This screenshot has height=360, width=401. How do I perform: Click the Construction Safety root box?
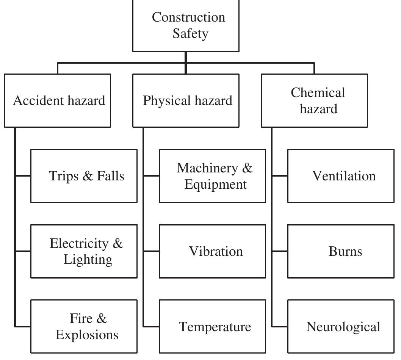click(x=186, y=25)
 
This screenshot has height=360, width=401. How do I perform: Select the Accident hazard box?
click(x=58, y=100)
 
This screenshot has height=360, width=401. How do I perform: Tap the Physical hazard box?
click(x=186, y=100)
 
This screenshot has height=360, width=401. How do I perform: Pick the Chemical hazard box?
click(x=314, y=100)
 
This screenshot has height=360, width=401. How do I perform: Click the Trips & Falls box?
click(x=84, y=176)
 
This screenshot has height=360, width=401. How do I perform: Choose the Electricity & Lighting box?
click(x=84, y=251)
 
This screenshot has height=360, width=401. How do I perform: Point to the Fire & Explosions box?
click(x=84, y=327)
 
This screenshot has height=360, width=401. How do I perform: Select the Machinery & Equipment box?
click(x=212, y=176)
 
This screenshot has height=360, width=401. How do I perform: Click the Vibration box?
click(x=212, y=251)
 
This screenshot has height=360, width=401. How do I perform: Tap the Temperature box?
click(x=212, y=327)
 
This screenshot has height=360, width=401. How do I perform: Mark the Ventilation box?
click(x=341, y=176)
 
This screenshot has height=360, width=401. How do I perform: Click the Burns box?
click(x=341, y=251)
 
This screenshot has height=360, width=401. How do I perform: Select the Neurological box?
click(x=341, y=327)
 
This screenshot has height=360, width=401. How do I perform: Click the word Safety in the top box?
click(x=190, y=34)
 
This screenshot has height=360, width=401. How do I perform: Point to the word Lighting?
click(x=88, y=260)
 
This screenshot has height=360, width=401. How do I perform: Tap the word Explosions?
click(x=87, y=335)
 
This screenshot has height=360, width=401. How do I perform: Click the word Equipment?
click(x=215, y=185)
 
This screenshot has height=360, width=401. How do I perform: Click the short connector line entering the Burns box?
click(x=280, y=251)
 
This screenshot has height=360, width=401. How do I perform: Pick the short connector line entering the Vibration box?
click(x=152, y=251)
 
